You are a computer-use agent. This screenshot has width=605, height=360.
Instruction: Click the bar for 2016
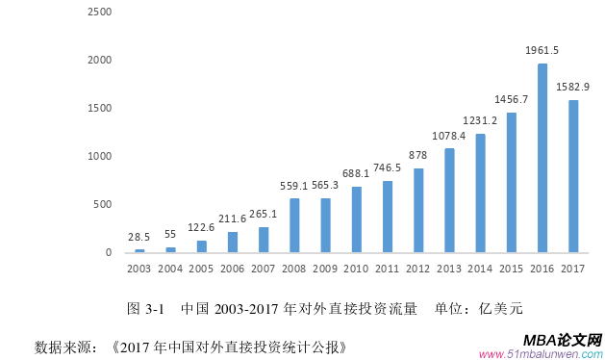coord(542,158)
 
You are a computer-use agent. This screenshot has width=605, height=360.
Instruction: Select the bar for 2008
coord(294,225)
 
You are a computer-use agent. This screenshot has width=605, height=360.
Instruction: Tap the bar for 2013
coord(449,200)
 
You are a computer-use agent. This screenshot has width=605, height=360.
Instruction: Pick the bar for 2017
coord(573,176)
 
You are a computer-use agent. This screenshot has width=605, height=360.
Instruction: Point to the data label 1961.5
coord(542,50)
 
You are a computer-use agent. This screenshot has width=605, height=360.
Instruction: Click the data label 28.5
coord(139,236)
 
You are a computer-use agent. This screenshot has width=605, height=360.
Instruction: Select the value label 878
coord(418,156)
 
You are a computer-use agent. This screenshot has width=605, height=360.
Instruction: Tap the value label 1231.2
coord(480,120)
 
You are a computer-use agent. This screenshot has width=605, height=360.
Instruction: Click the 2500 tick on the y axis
coord(99,13)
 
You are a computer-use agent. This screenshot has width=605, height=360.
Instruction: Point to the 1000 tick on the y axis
coord(99,157)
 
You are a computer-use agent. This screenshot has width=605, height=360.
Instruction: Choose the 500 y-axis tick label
coord(102,205)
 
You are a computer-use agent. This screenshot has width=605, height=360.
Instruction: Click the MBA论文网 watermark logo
coord(563,340)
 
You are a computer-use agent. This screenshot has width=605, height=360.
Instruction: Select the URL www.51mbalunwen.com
coord(543,353)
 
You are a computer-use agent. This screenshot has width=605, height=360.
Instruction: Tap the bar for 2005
coord(201,246)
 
